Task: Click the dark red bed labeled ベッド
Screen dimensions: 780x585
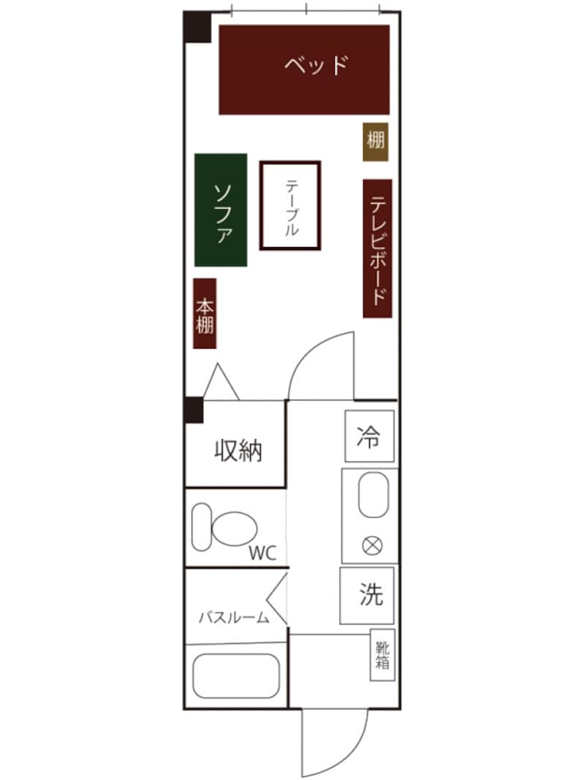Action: (x=304, y=70)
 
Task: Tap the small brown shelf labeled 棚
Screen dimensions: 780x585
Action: (x=376, y=142)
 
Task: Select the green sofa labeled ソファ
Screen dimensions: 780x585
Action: (x=221, y=210)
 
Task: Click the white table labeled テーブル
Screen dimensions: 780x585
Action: (x=290, y=205)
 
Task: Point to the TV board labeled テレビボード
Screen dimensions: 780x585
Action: (x=377, y=249)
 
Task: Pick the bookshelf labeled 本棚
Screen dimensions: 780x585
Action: (x=205, y=314)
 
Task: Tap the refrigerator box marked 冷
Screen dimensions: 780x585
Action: (x=369, y=436)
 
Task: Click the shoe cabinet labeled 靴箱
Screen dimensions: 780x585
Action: (x=383, y=655)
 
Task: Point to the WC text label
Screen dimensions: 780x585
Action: (x=263, y=553)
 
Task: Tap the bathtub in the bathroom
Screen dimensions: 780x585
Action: (x=235, y=676)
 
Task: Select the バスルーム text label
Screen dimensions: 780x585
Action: (x=233, y=618)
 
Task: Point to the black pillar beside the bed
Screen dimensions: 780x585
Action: (x=197, y=27)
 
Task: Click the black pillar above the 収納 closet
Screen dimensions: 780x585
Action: (x=193, y=410)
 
